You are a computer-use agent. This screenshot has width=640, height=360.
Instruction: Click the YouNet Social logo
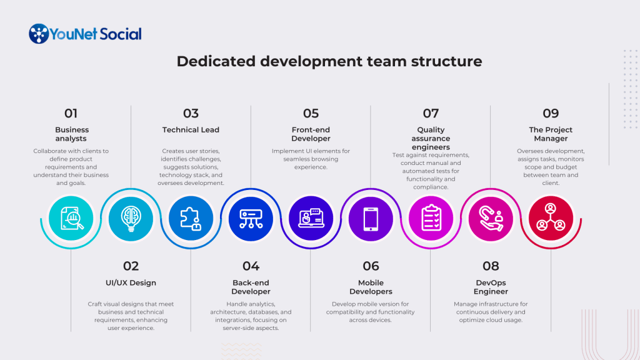pos(85,34)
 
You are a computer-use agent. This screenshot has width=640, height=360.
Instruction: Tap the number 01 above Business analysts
pos(71,113)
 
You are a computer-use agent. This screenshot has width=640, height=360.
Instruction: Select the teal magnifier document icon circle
pos(71,218)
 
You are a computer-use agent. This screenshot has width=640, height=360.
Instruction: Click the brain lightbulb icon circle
pos(131,218)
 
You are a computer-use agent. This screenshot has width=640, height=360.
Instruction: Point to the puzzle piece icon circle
pos(191,218)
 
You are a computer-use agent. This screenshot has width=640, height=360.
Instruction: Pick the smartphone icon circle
pos(371,218)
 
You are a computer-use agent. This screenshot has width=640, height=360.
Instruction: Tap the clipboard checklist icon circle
pos(431,218)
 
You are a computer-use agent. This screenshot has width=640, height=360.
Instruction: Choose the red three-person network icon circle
pos(551,218)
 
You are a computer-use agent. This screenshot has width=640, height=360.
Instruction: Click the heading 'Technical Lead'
pos(191,130)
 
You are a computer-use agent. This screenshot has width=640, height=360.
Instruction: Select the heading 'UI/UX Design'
pos(131,283)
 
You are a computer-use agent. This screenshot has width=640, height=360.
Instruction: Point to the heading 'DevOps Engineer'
pos(491,287)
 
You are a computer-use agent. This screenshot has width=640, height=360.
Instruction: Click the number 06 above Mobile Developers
pos(371,266)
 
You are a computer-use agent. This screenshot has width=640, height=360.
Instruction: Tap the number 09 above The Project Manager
pos(551,113)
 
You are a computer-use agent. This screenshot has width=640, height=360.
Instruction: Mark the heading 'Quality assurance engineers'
pos(431,138)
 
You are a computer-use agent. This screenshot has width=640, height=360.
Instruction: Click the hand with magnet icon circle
pos(491,218)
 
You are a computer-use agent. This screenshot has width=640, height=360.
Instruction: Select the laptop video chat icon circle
pos(311,218)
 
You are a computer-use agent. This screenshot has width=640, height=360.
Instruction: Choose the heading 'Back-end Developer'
pos(251,287)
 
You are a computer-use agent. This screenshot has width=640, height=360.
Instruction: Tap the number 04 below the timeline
pos(251,266)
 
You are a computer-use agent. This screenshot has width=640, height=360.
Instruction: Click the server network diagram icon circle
pos(251,218)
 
